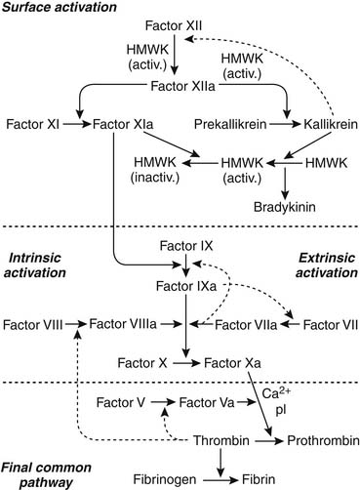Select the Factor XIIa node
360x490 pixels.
(x=181, y=86)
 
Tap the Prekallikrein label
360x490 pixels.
(x=230, y=126)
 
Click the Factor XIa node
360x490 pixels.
(x=121, y=126)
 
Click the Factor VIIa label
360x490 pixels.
(x=238, y=323)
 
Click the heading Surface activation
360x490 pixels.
(x=61, y=8)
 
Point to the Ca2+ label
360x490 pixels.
(x=274, y=395)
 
